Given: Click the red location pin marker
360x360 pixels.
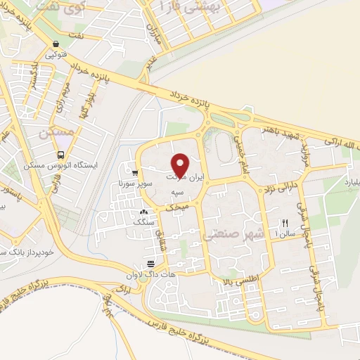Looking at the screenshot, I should [180, 165].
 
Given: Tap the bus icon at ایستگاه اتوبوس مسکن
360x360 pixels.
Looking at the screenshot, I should [60, 155].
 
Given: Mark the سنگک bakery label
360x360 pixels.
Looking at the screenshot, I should [143, 221].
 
